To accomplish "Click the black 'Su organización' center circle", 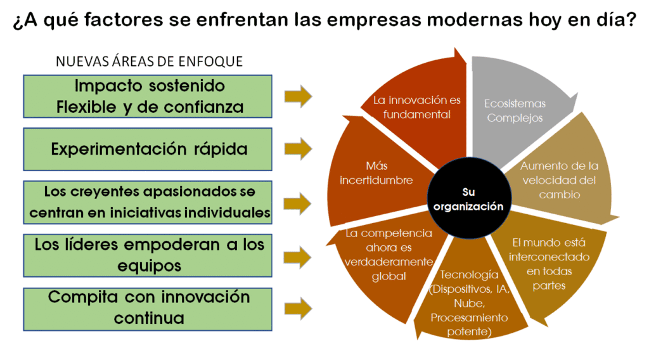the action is (x=469, y=198).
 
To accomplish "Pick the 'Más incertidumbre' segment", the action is (x=375, y=174).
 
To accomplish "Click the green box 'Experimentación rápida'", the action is (x=148, y=150).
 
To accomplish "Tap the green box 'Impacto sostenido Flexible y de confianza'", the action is (x=148, y=96).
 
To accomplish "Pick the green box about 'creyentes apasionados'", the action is (x=148, y=202).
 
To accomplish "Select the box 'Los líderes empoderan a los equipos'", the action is (x=148, y=255).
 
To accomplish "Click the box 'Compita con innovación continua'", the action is (x=148, y=309).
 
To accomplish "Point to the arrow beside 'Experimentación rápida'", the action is (x=298, y=149).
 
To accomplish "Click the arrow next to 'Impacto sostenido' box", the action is (x=298, y=96).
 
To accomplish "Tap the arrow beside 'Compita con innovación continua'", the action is (x=298, y=309).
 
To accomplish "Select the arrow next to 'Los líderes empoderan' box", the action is (x=298, y=257).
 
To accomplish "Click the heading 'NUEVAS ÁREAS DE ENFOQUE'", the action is (x=149, y=61).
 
